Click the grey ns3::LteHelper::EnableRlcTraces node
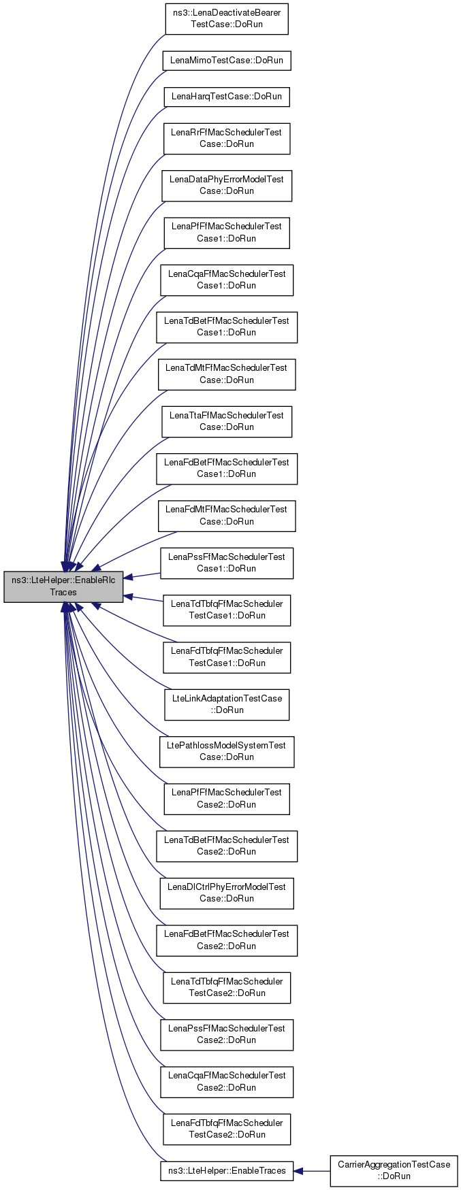[x=63, y=586]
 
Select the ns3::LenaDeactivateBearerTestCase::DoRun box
[x=227, y=18]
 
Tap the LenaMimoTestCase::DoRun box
[x=227, y=61]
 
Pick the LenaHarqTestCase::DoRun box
[x=227, y=97]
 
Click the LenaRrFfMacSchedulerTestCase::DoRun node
[x=227, y=138]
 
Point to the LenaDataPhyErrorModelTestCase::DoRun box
[x=227, y=185]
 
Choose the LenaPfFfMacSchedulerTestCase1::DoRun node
[x=227, y=233]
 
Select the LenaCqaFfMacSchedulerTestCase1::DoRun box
[x=227, y=280]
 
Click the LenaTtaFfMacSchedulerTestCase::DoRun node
[x=227, y=421]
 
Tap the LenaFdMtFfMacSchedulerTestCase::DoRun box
[x=227, y=516]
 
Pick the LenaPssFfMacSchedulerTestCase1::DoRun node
[x=227, y=563]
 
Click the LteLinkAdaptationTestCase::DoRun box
[x=227, y=704]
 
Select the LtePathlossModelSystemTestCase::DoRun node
[x=227, y=751]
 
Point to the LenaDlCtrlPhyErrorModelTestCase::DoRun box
[x=227, y=893]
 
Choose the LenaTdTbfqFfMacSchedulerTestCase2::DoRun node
[x=227, y=987]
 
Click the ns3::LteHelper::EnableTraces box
[x=227, y=1171]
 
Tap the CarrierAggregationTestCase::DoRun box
[x=394, y=1170]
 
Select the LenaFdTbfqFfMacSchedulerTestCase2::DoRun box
[x=227, y=1129]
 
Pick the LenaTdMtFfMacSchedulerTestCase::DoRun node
[x=227, y=374]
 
